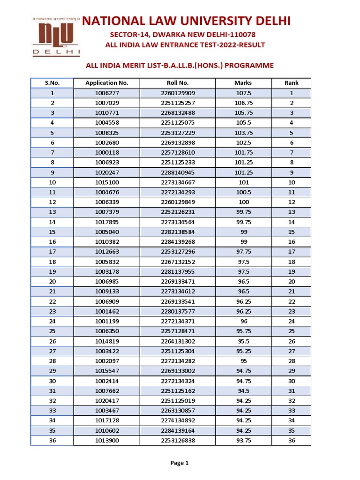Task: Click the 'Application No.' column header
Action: (x=107, y=83)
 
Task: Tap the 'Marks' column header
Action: (x=243, y=83)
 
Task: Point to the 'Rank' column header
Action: (x=292, y=83)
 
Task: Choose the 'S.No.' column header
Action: (x=52, y=83)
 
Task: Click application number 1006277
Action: (x=107, y=93)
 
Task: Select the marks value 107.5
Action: (x=243, y=93)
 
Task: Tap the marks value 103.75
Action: (x=243, y=133)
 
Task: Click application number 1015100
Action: (x=107, y=182)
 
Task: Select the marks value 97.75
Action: (x=243, y=252)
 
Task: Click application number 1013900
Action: (x=107, y=441)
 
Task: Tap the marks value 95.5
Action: (x=243, y=341)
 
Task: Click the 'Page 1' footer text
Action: (x=180, y=463)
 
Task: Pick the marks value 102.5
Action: (x=243, y=143)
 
